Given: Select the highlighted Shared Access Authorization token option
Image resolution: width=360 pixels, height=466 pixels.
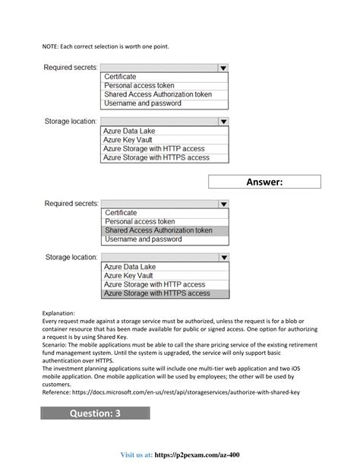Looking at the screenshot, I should pyautogui.click(x=158, y=230).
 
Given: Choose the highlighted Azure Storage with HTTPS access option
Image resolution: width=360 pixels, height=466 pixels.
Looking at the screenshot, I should pyautogui.click(x=156, y=293).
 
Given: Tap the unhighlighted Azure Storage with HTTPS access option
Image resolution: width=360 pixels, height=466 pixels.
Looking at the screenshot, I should pyautogui.click(x=156, y=157).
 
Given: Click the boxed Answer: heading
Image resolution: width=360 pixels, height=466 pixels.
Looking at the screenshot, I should pyautogui.click(x=264, y=182).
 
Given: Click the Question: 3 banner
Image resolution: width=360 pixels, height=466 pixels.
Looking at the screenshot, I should pyautogui.click(x=95, y=414).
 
